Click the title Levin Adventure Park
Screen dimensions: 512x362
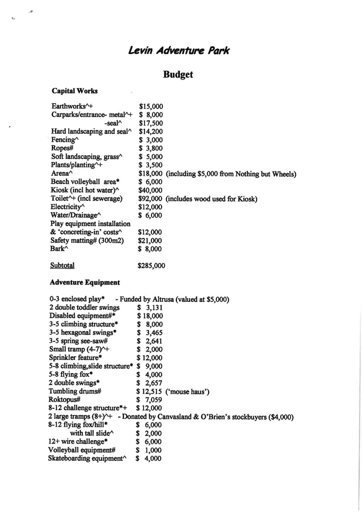click(x=179, y=50)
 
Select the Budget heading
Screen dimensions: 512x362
click(x=178, y=75)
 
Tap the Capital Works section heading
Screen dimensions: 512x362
click(x=74, y=91)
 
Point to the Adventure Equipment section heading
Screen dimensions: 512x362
click(x=84, y=282)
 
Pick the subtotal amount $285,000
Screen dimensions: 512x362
click(x=151, y=266)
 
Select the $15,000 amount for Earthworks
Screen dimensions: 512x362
click(x=151, y=106)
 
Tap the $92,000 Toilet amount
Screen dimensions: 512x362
click(x=150, y=198)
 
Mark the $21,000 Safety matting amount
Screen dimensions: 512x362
click(x=150, y=240)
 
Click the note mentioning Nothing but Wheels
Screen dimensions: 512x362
click(x=231, y=174)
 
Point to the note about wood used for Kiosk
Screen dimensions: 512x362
click(x=211, y=198)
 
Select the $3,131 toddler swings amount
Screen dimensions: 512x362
click(x=150, y=307)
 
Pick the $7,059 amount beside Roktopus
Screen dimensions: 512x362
click(x=149, y=400)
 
